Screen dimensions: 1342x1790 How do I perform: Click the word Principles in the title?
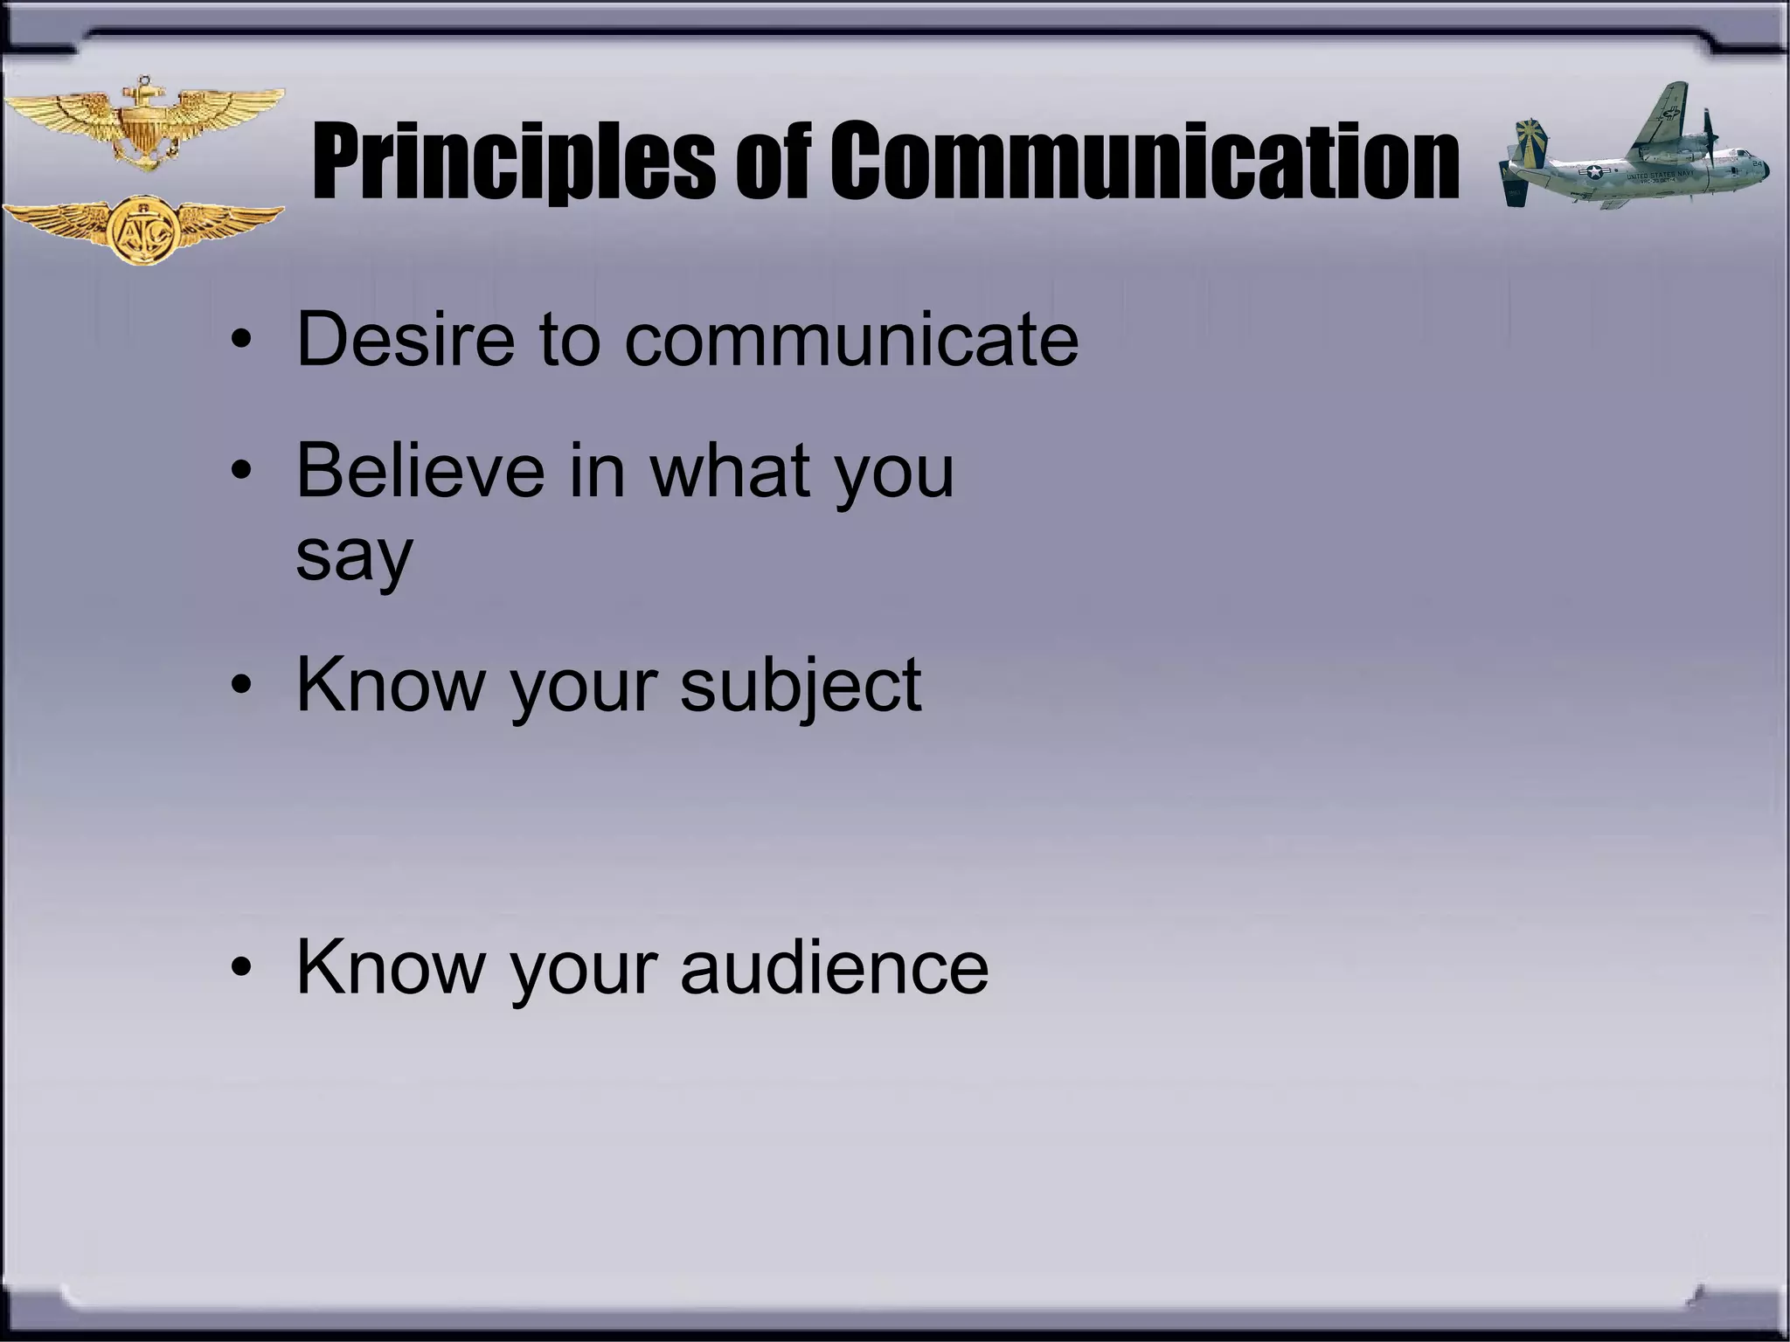(x=511, y=162)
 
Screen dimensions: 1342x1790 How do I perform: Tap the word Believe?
(x=420, y=471)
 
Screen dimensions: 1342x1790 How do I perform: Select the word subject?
(x=800, y=686)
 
